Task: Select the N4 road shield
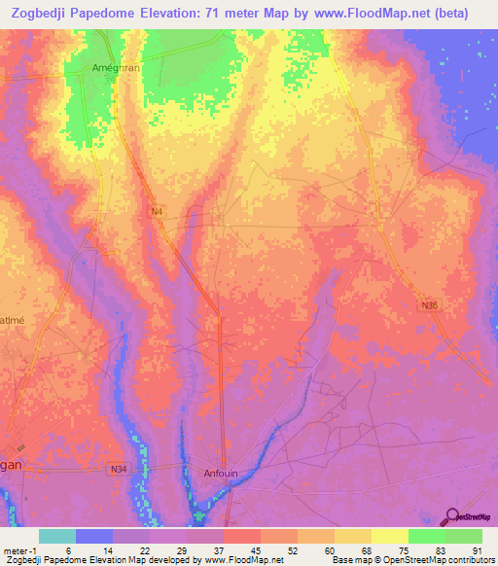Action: tap(157, 211)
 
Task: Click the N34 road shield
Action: tap(119, 471)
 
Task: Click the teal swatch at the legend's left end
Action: tap(57, 536)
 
